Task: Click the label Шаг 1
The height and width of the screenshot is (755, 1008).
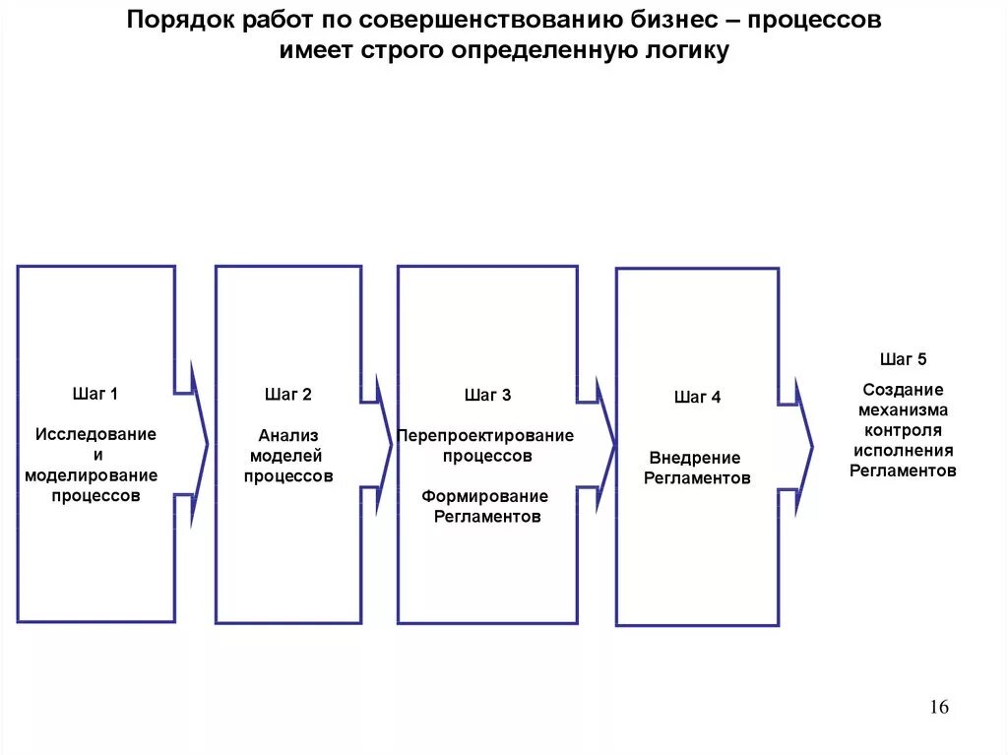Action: coord(94,395)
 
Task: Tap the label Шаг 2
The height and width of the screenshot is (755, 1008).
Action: coord(287,395)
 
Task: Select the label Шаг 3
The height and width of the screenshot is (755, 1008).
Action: coord(487,396)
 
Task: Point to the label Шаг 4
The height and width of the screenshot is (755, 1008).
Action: coord(697,398)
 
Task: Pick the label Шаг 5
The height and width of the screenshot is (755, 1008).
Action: coord(903,359)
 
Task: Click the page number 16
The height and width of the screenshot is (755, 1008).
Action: coord(938,707)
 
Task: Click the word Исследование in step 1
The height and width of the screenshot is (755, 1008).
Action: coord(95,434)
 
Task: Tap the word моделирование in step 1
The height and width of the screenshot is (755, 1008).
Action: coord(92,475)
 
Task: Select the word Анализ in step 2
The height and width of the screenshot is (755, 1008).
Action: coord(288,434)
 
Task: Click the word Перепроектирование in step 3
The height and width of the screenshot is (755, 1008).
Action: coord(487,435)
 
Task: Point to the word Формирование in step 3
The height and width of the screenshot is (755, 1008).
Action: coord(486,496)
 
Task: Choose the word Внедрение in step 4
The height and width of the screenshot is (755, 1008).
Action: coord(695,458)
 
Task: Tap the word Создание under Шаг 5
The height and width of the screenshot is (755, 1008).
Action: coord(903,390)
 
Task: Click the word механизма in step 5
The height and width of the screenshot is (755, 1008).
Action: coord(903,410)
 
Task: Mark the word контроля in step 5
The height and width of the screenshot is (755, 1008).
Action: coord(903,430)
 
